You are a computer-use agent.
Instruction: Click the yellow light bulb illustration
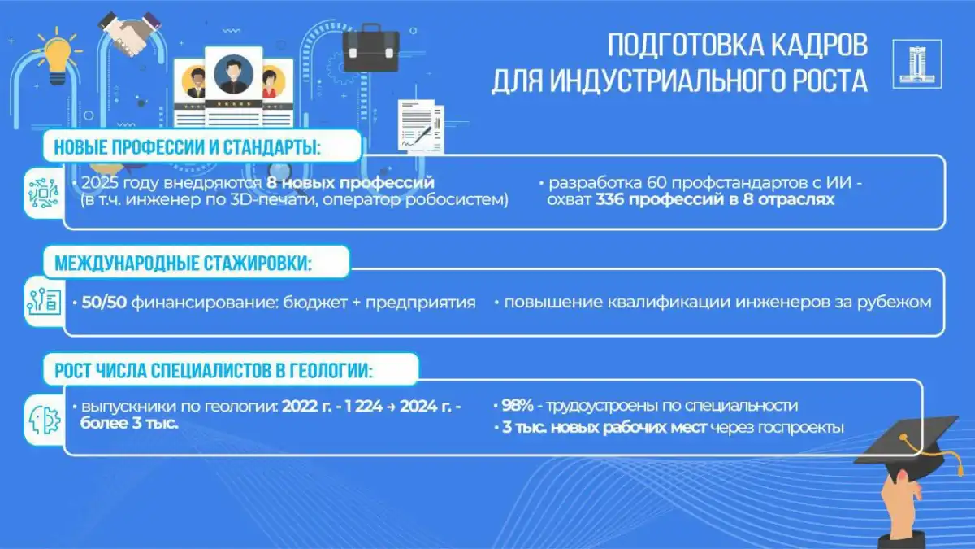[x=58, y=56]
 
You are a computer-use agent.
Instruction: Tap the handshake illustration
[x=129, y=34]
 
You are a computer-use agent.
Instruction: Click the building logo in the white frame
[x=917, y=64]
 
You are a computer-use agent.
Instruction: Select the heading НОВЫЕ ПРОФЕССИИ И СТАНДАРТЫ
[x=188, y=147]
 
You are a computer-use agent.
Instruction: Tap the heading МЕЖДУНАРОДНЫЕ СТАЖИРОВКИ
[x=184, y=263]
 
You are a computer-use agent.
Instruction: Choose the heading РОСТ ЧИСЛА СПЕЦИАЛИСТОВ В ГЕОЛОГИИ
[x=214, y=370]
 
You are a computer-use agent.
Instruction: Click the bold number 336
[x=609, y=199]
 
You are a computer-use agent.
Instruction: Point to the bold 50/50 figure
[x=104, y=302]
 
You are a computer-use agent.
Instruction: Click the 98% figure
[x=518, y=405]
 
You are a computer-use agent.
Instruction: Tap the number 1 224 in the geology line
[x=363, y=406]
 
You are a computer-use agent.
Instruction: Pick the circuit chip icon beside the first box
[x=44, y=193]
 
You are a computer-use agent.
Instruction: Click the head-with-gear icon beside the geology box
[x=45, y=420]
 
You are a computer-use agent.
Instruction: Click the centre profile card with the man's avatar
[x=234, y=87]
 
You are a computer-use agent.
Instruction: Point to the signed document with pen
[x=421, y=126]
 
